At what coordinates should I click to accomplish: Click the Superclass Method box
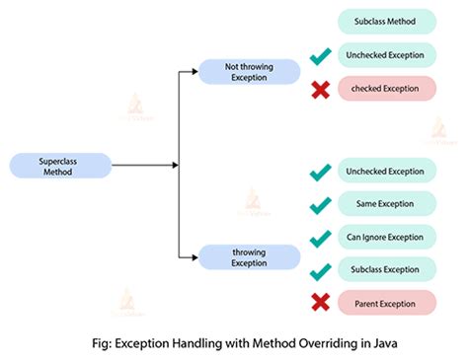58,166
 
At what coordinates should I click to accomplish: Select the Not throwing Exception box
249,72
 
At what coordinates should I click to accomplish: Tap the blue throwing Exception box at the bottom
249,257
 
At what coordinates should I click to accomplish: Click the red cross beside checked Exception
320,89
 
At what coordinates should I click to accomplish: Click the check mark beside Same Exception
320,204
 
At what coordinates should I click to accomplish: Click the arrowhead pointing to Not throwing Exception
194,72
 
